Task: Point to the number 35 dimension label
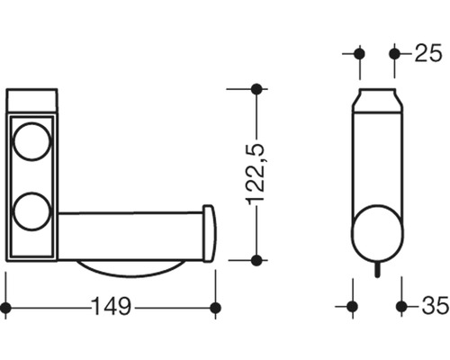pyautogui.click(x=433, y=307)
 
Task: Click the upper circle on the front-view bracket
pyautogui.click(x=32, y=142)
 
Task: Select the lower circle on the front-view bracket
pyautogui.click(x=32, y=210)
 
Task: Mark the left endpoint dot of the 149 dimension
pyautogui.click(x=6, y=308)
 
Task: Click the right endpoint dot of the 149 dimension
pyautogui.click(x=215, y=308)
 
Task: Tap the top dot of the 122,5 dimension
pyautogui.click(x=256, y=88)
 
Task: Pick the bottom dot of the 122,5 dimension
pyautogui.click(x=256, y=260)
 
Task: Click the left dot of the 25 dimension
pyautogui.click(x=359, y=53)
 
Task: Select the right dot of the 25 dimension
pyautogui.click(x=394, y=53)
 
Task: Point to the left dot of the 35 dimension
pyautogui.click(x=352, y=307)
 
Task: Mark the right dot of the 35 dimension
pyautogui.click(x=401, y=307)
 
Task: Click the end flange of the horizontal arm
pyautogui.click(x=209, y=234)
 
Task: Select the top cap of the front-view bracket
pyautogui.click(x=32, y=100)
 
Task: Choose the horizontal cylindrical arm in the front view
pyautogui.click(x=130, y=235)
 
